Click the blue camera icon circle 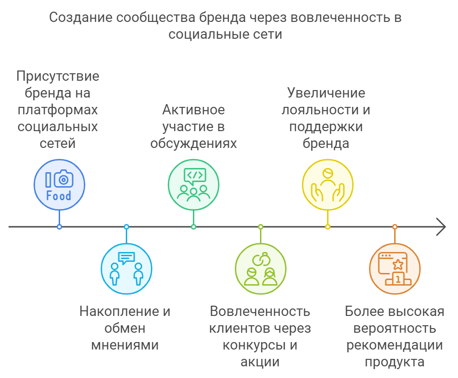pyautogui.click(x=59, y=185)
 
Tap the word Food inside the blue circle pyautogui.click(x=59, y=196)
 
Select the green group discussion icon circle pyautogui.click(x=193, y=185)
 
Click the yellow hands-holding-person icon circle pyautogui.click(x=328, y=185)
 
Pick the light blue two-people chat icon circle pyautogui.click(x=126, y=269)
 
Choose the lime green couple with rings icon pyautogui.click(x=260, y=269)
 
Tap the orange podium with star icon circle pyautogui.click(x=395, y=269)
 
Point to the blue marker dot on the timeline pyautogui.click(x=59, y=227)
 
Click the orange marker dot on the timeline pyautogui.click(x=395, y=227)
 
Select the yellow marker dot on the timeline pyautogui.click(x=328, y=227)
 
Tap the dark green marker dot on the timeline pyautogui.click(x=193, y=227)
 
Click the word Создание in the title pyautogui.click(x=81, y=18)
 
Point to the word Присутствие pyautogui.click(x=58, y=77)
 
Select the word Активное pyautogui.click(x=194, y=110)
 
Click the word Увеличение pyautogui.click(x=326, y=93)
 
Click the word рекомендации pyautogui.click(x=395, y=345)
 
